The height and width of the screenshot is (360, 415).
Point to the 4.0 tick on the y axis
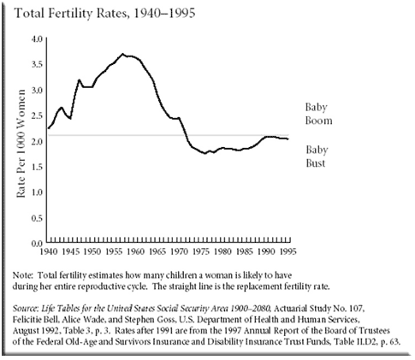tap(38, 39)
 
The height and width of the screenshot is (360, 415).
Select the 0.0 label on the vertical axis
tap(38, 244)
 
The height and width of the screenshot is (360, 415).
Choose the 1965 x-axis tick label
tap(155, 253)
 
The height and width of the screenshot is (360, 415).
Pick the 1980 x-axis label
tap(220, 253)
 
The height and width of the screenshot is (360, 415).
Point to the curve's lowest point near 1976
tap(205, 153)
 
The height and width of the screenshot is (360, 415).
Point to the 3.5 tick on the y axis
tap(38, 64)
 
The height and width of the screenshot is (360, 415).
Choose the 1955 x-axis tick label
tap(113, 253)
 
